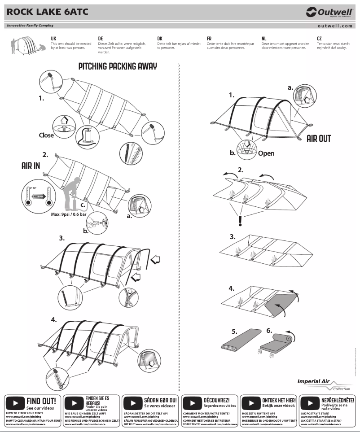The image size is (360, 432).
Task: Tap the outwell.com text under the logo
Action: pos(334,26)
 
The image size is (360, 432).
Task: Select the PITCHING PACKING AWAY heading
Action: pos(118,66)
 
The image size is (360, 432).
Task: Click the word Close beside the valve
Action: pos(46,135)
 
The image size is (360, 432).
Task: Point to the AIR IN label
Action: pos(31,166)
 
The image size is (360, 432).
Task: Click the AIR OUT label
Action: pos(318,138)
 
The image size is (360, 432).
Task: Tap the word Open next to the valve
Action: pos(266,153)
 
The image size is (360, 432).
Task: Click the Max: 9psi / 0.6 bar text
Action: pos(71,214)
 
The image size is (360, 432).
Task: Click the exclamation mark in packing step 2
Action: pos(240,220)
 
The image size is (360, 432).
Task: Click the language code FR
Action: pos(209,39)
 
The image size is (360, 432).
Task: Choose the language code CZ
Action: pos(319,39)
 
